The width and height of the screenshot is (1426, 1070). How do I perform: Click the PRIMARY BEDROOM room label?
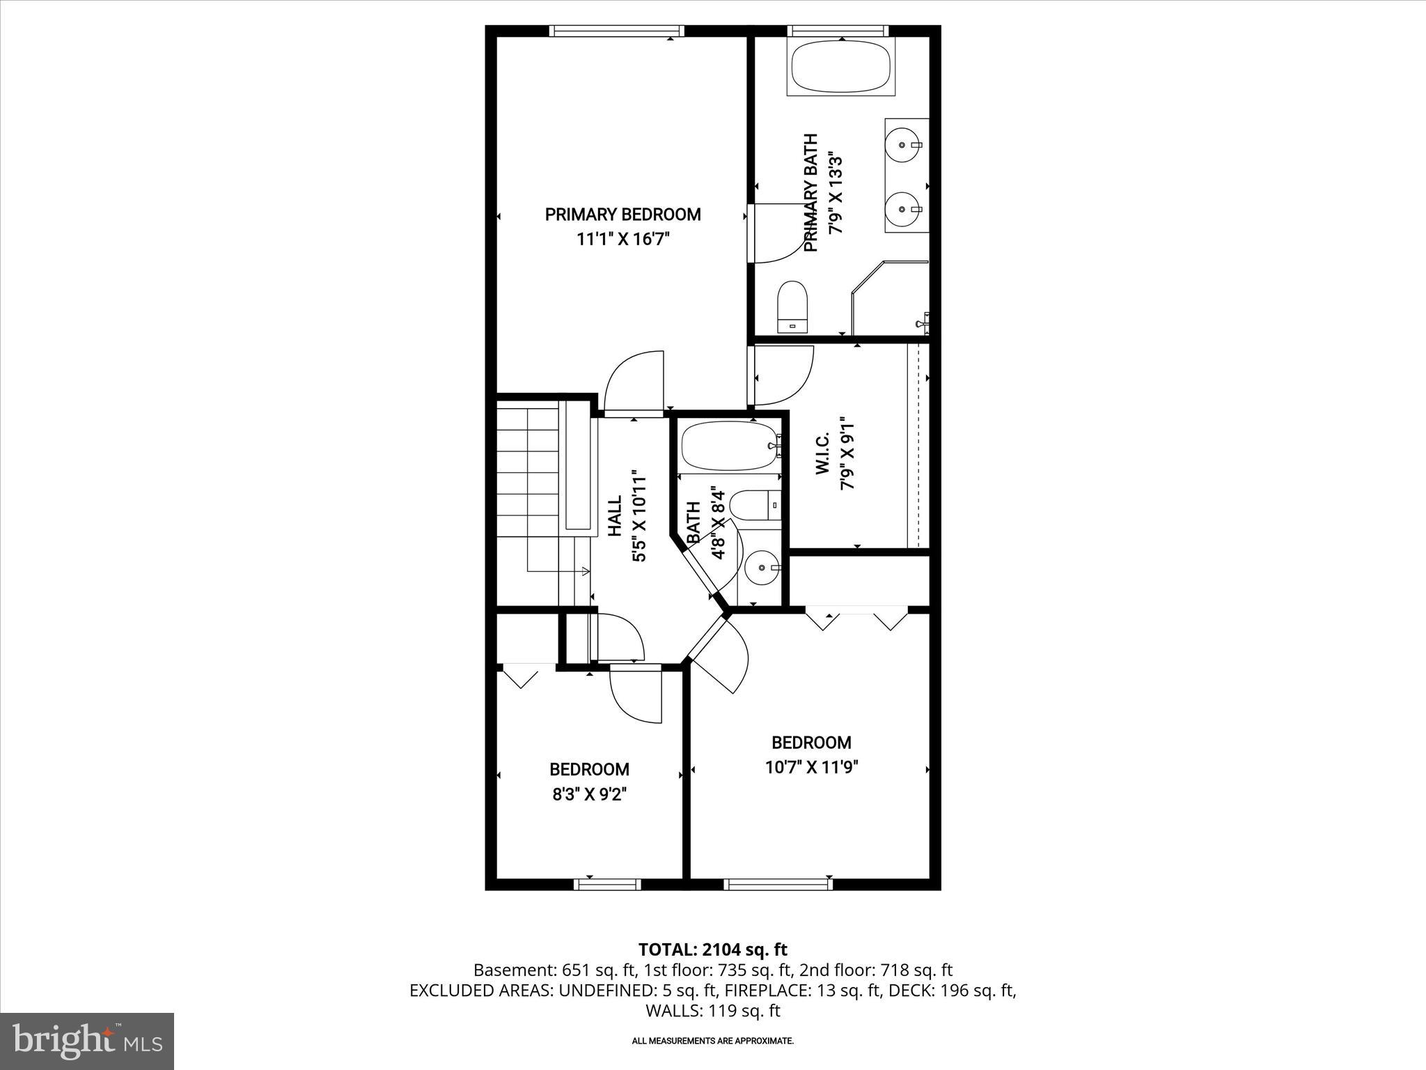click(x=622, y=215)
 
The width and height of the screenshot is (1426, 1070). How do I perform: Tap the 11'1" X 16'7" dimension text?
click(x=622, y=240)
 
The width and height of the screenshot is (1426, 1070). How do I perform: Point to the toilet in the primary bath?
click(x=792, y=307)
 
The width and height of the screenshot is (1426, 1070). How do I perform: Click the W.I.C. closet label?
click(x=822, y=453)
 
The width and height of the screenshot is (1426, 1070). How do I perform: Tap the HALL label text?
click(x=615, y=516)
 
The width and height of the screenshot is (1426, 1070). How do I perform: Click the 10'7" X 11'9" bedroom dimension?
click(x=811, y=768)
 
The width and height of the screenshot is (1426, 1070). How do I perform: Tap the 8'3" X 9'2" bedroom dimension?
click(x=590, y=795)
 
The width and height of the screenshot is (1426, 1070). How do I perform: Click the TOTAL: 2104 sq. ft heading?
click(x=712, y=949)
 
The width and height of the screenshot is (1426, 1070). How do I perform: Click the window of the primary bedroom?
click(x=616, y=31)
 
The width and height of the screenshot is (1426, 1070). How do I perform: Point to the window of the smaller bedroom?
click(x=606, y=884)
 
